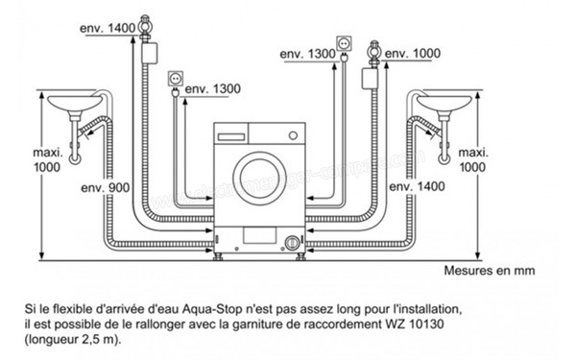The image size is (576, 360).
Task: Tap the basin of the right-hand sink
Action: pyautogui.click(x=444, y=103)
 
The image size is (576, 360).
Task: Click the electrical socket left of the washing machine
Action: pyautogui.click(x=176, y=76)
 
